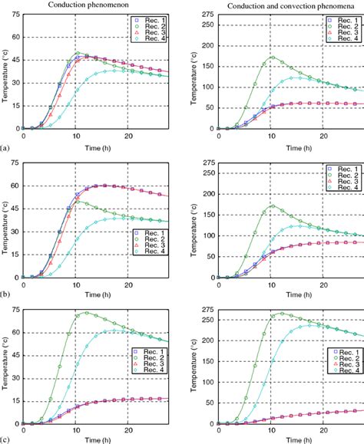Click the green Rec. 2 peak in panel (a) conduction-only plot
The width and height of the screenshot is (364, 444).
78,53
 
